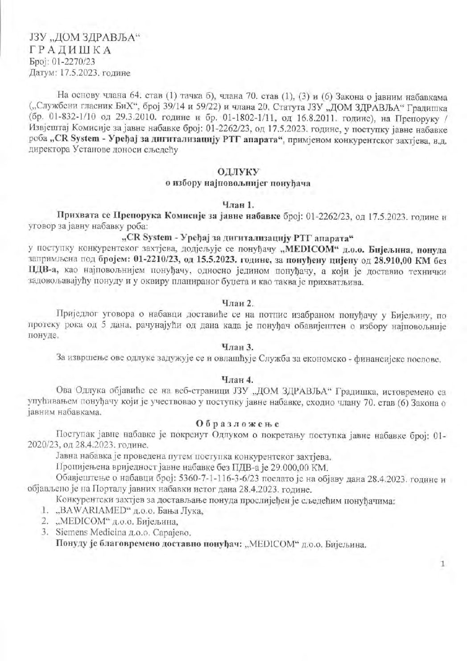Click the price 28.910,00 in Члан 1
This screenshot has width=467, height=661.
(393, 259)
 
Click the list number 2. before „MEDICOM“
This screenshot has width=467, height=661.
(45, 521)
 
